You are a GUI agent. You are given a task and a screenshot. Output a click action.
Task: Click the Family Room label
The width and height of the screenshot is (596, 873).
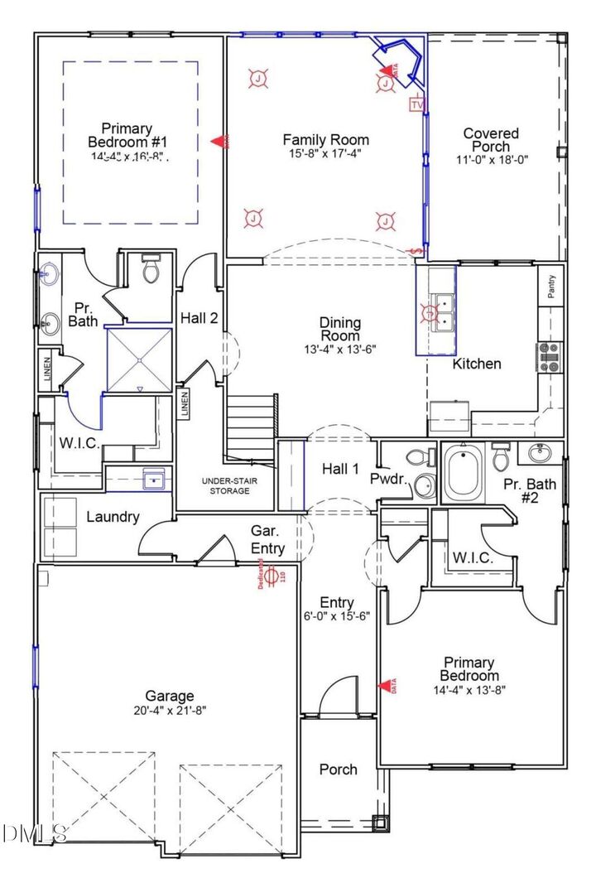325,140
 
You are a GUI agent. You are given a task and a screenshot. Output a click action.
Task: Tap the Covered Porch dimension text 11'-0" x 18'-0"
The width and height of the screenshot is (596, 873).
491,159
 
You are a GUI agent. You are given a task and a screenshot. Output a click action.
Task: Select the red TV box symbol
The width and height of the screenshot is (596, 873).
416,105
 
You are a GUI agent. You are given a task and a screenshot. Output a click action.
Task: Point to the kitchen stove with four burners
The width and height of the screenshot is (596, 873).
549,356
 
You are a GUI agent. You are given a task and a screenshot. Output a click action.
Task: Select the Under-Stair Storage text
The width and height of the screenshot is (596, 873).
226,485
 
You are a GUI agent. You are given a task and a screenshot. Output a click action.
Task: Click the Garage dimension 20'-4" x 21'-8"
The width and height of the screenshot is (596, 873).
170,710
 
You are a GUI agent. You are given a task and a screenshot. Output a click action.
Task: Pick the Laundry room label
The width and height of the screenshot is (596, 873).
113,517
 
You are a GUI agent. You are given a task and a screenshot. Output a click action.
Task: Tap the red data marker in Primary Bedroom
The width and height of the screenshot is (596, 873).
386,686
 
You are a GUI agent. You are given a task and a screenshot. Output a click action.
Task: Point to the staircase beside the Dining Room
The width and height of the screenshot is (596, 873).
251,424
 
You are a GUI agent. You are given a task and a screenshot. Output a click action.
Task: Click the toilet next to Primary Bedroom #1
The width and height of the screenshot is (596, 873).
151,270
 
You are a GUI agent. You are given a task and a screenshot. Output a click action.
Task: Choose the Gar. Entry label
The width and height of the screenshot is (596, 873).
267,540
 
